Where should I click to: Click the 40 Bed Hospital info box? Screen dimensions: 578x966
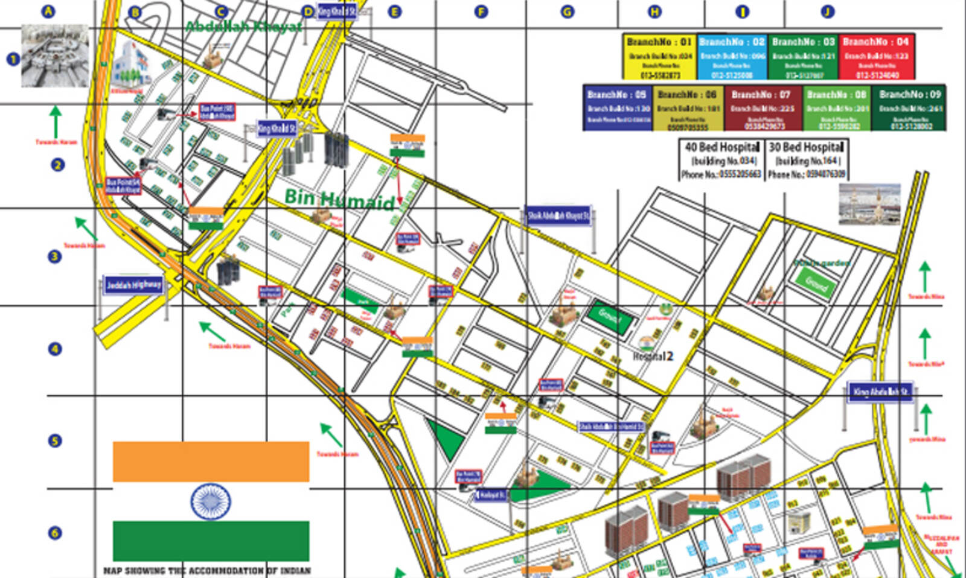(721, 160)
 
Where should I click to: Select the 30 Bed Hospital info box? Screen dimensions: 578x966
(807, 160)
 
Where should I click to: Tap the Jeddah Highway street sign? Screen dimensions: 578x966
(133, 285)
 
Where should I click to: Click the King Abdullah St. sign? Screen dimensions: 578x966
(880, 392)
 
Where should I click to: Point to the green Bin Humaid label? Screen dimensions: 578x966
(339, 198)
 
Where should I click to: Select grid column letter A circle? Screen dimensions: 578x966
(48, 11)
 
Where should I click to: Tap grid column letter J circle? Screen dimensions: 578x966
(827, 11)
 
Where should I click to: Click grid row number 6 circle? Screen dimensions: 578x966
(55, 533)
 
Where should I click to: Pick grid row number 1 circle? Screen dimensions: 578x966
(13, 59)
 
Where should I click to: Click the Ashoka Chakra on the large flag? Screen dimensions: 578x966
(210, 501)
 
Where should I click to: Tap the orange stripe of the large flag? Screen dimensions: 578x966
(211, 462)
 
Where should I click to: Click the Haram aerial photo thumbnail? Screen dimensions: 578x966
(55, 56)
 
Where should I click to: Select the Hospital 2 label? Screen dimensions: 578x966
(653, 356)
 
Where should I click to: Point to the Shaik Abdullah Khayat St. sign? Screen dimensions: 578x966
(558, 216)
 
